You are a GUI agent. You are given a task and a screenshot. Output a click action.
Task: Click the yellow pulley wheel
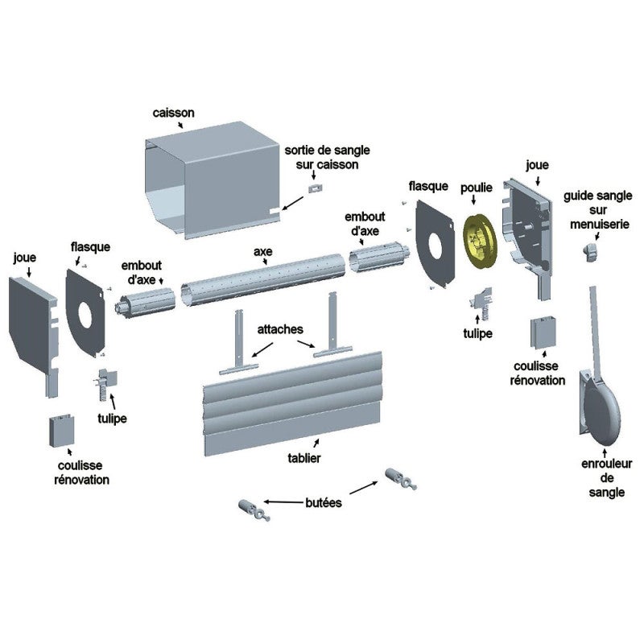click(479, 240)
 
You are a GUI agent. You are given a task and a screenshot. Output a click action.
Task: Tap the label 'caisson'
click(173, 113)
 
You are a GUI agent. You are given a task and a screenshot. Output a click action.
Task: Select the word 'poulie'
click(477, 188)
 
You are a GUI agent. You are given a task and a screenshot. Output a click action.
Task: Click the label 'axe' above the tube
click(263, 251)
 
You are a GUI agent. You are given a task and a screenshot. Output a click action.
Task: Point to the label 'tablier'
click(304, 458)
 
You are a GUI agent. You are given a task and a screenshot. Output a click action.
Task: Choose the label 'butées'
click(324, 502)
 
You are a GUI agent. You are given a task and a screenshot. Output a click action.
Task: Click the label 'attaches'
click(280, 329)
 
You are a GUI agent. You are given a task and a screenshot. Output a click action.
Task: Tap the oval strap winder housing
click(600, 411)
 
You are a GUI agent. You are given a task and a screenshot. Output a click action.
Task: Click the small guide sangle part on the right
click(591, 251)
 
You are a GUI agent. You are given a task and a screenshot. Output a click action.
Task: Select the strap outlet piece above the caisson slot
click(316, 188)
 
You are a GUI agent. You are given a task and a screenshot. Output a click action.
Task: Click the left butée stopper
click(254, 510)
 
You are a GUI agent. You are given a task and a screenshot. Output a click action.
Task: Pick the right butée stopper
click(401, 479)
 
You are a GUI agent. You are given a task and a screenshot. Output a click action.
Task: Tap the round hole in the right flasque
click(436, 246)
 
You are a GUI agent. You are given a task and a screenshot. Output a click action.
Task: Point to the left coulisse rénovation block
click(62, 431)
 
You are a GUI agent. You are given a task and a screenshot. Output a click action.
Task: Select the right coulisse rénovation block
click(543, 332)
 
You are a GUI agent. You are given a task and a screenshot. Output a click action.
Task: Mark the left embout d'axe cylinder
click(145, 303)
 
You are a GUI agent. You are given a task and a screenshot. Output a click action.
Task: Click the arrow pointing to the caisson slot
click(293, 204)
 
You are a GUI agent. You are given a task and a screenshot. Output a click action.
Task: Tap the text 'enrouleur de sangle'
click(607, 478)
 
